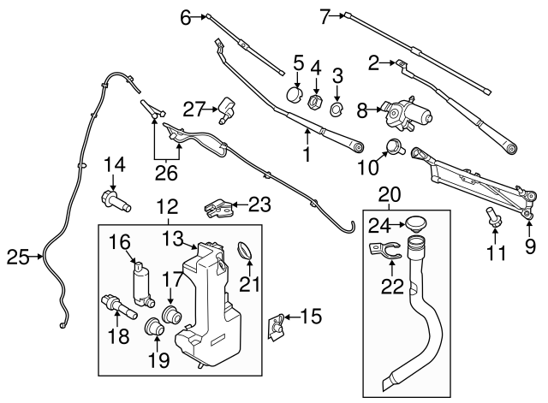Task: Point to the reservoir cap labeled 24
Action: (x=417, y=224)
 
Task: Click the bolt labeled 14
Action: (x=115, y=203)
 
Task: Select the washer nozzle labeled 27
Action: (x=226, y=108)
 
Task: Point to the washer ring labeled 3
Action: (x=337, y=110)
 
